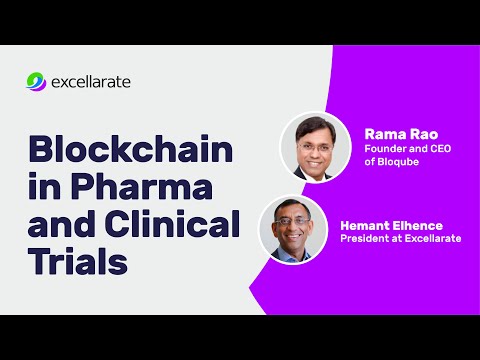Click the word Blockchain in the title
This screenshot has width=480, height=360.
tap(130, 152)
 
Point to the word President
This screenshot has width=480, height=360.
tap(368, 239)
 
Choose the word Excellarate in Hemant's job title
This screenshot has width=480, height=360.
tap(433, 239)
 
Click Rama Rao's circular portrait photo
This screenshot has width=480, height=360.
tap(314, 146)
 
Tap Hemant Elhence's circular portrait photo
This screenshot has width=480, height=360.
tap(292, 228)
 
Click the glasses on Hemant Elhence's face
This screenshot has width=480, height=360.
tap(291, 222)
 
